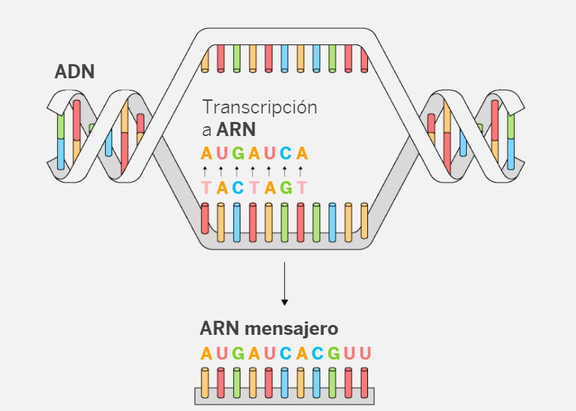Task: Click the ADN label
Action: tap(75, 71)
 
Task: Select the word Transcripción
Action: tap(259, 108)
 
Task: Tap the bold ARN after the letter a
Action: tap(236, 130)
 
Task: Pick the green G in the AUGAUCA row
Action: tap(238, 153)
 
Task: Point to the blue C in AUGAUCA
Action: tap(286, 153)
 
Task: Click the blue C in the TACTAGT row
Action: tap(238, 188)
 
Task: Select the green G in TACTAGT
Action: tap(286, 188)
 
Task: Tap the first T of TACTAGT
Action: tap(206, 188)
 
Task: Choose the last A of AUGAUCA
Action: tap(302, 153)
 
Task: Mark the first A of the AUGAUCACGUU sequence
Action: tap(206, 353)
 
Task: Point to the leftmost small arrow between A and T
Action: tap(205, 171)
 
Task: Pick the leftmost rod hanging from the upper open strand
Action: tap(205, 59)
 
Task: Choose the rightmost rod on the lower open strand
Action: tap(364, 220)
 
